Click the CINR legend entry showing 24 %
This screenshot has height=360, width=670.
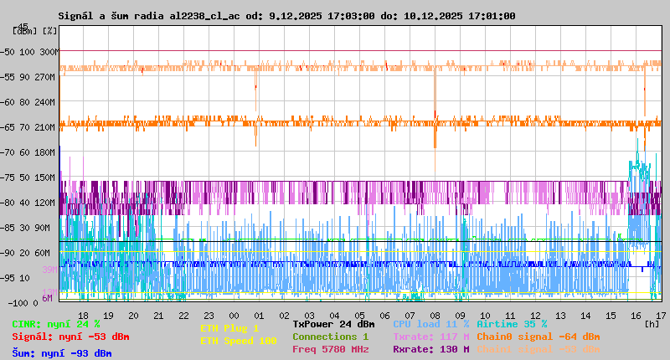point(56,324)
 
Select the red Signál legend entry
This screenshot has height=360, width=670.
point(70,337)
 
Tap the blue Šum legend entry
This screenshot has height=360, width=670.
point(62,353)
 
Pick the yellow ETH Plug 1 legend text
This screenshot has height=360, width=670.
point(230,328)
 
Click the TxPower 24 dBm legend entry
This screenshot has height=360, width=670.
point(333,324)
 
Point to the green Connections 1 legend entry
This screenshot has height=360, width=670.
point(330,337)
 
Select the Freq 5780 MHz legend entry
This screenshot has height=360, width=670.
point(330,349)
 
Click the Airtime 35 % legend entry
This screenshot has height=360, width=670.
point(512,324)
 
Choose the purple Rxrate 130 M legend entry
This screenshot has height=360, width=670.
point(430,349)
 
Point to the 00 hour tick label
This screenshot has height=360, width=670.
point(234,316)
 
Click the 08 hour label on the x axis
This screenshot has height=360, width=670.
point(435,316)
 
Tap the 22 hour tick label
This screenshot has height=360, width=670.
point(184,316)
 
